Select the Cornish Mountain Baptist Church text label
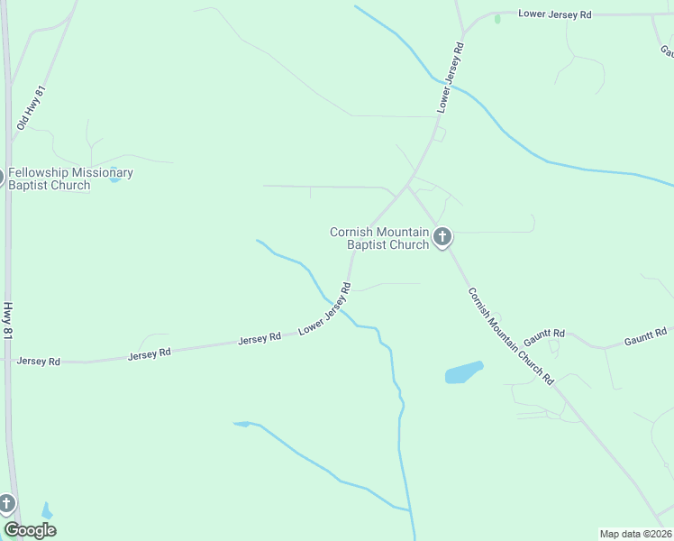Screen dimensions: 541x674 coord(378,238)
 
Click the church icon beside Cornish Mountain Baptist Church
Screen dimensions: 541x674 coord(442,237)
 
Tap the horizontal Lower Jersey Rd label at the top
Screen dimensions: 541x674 coord(555,15)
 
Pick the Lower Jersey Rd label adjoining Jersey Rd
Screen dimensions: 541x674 coord(324,310)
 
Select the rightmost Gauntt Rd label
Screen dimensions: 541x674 coord(646,338)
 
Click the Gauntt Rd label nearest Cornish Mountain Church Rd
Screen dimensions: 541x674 coord(544,335)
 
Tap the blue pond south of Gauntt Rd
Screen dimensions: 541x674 coord(463,372)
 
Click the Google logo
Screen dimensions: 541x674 coord(30,530)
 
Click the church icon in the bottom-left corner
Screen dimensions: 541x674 coord(6,503)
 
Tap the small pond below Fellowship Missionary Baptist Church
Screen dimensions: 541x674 coord(114,179)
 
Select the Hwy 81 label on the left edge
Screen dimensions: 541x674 coord(8,321)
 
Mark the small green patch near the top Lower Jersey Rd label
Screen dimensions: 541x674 coord(497,19)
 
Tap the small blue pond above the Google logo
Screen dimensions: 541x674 coord(47,511)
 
